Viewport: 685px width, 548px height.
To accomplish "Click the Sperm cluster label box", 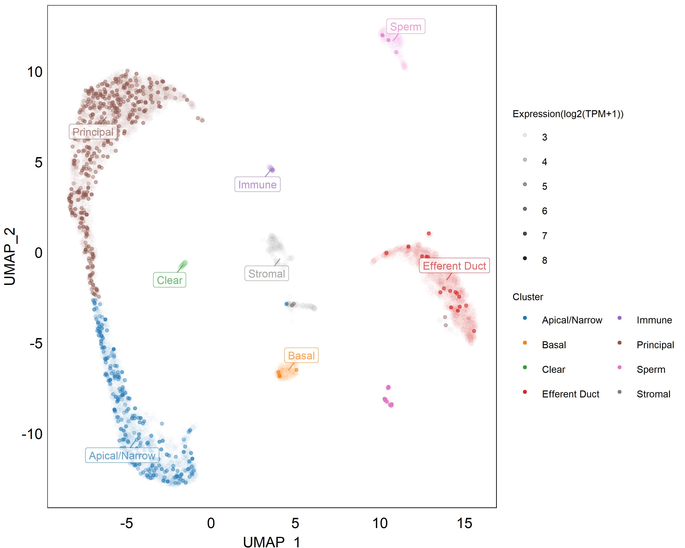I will pos(405,26).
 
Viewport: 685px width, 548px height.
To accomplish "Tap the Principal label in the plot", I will pos(93,132).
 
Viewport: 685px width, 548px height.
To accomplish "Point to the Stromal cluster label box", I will pos(267,274).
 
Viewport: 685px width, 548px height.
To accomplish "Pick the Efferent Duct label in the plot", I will pos(454,266).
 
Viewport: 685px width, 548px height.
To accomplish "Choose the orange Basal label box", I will pos(301,355).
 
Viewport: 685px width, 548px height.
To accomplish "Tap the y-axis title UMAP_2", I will pos(10,256).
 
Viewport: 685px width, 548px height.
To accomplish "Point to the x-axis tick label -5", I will pos(126,523).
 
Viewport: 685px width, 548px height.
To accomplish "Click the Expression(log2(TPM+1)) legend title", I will pos(568,114).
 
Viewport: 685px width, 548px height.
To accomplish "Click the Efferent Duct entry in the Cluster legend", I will pos(570,394).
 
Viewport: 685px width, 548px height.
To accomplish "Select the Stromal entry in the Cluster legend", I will pos(653,394).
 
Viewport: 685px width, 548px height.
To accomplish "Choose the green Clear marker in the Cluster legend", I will pos(525,367).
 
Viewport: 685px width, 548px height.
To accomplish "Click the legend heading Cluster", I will pos(528,297).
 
